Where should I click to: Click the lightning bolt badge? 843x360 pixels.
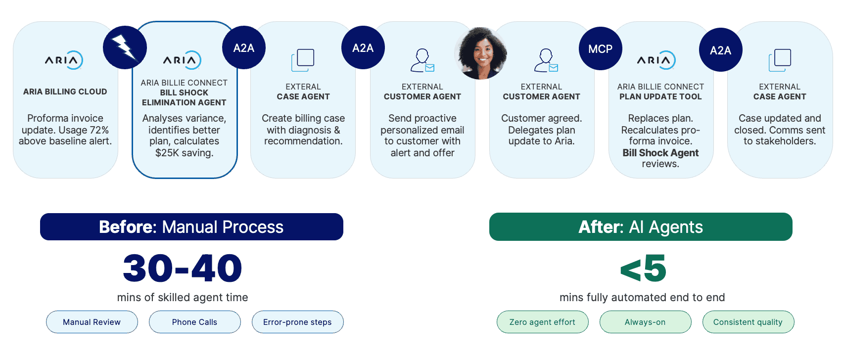tap(125, 47)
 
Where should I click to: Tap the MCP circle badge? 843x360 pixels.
tap(600, 48)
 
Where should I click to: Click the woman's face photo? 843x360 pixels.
tap(481, 53)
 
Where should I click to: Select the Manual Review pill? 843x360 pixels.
tap(92, 322)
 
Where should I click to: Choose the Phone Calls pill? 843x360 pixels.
tap(194, 322)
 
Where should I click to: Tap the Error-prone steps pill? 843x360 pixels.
tap(297, 322)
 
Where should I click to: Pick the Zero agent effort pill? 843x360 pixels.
tap(542, 322)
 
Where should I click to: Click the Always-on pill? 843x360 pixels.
tap(645, 322)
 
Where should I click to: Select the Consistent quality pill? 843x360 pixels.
tap(748, 322)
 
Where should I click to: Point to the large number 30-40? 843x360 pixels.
tap(183, 269)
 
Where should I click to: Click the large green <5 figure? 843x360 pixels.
tap(643, 269)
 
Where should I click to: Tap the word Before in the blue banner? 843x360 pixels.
tap(127, 227)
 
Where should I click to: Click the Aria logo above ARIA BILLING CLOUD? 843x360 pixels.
tap(64, 60)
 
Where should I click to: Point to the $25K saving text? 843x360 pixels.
tap(184, 153)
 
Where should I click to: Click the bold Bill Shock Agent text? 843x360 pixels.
tap(660, 153)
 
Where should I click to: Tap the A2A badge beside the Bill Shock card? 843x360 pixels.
tap(244, 48)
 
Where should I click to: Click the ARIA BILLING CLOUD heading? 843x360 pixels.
tap(65, 91)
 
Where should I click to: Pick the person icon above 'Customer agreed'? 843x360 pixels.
tap(545, 60)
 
